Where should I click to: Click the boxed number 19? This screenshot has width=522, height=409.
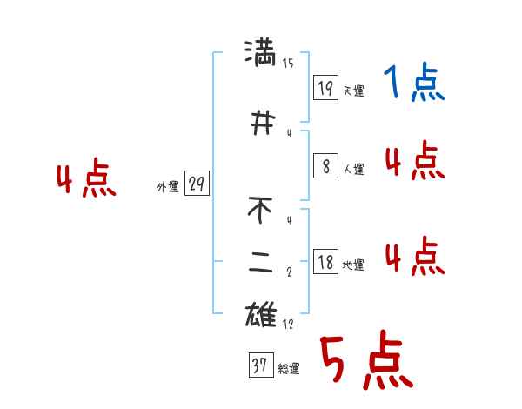tap(325, 87)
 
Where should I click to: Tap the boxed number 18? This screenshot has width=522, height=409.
tap(325, 263)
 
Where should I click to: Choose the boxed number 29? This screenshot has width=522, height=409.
tap(197, 184)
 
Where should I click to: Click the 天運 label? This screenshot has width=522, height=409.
tap(353, 91)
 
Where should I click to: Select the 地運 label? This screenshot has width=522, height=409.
tap(353, 265)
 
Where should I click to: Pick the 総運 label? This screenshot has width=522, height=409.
tap(289, 369)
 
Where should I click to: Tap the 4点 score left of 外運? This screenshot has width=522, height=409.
tap(85, 180)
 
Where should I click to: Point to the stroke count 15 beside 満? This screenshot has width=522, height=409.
tap(288, 63)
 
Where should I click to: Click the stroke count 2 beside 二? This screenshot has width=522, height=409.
tap(289, 272)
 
